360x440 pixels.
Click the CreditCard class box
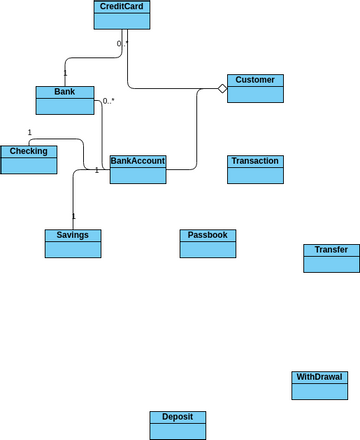tap(122, 15)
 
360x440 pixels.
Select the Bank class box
tap(65, 100)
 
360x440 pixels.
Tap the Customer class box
tap(256, 88)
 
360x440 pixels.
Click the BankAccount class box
tap(137, 169)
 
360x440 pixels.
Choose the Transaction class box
tap(255, 169)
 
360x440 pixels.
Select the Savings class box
tap(73, 243)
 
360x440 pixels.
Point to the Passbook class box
tap(208, 243)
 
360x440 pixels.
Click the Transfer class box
tap(331, 258)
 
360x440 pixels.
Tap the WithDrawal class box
tap(320, 385)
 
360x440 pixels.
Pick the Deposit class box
tap(177, 425)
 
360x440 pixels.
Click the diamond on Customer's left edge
tap(223, 89)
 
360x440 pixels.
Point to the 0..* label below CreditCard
tap(122, 44)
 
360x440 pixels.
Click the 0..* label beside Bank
tap(109, 101)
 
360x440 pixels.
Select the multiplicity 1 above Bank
tap(65, 73)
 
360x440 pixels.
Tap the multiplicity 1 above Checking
tap(29, 132)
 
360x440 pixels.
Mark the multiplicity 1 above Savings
tap(73, 216)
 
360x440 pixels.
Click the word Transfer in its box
tap(331, 250)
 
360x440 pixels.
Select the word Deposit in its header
tap(177, 417)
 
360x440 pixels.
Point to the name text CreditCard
tap(122, 7)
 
